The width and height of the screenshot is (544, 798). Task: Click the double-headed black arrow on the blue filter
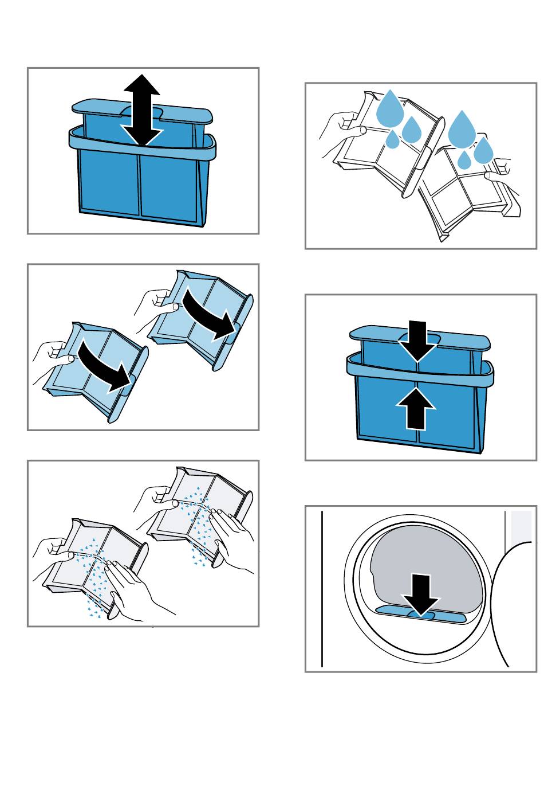(x=143, y=110)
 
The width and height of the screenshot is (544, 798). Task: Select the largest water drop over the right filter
(x=462, y=130)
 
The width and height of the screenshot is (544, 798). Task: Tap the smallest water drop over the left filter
(x=392, y=140)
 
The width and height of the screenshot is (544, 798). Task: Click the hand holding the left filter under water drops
(x=340, y=129)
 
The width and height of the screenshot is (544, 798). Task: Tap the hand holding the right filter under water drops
(x=504, y=183)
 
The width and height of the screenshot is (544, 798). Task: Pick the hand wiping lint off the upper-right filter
(x=232, y=530)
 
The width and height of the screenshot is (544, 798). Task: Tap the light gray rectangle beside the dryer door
(x=522, y=527)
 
